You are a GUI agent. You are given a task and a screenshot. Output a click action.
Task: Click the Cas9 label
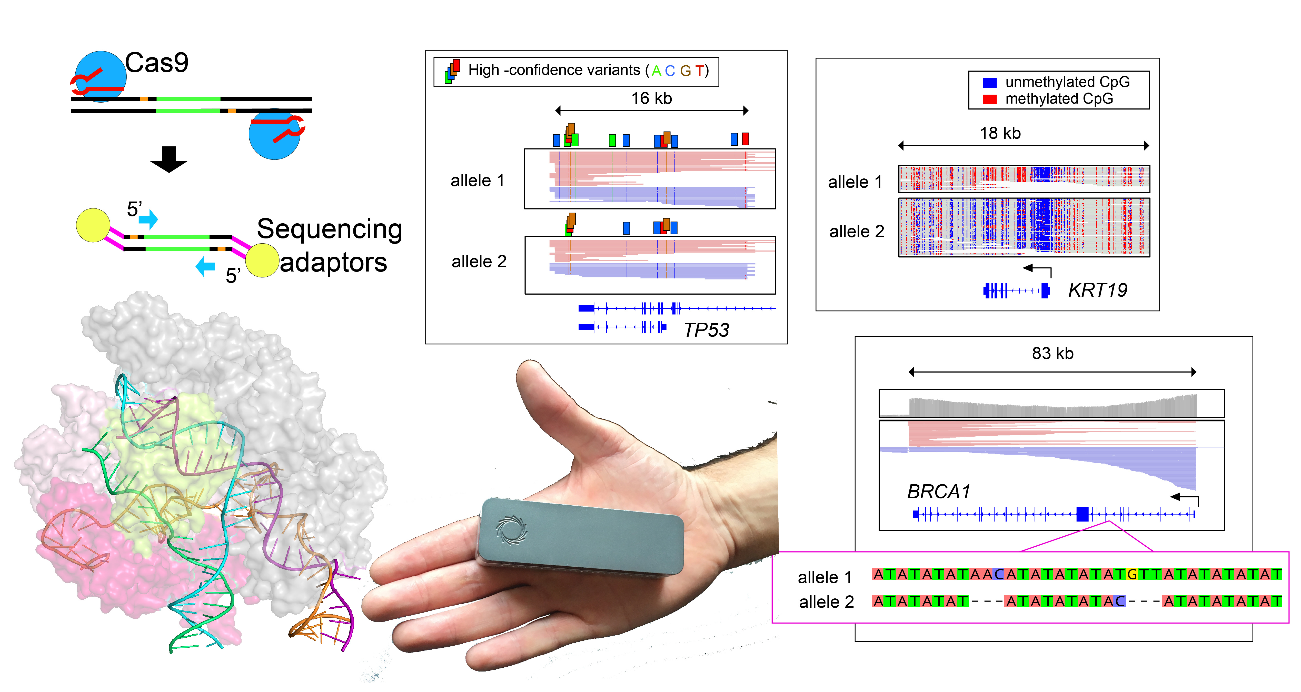tap(156, 63)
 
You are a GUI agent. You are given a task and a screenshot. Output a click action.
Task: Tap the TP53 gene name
tap(706, 330)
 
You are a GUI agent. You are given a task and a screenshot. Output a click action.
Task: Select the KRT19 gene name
tap(1097, 290)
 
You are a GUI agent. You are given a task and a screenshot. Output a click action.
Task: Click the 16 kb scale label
tap(651, 98)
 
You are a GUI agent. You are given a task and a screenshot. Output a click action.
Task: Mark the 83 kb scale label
tap(1052, 353)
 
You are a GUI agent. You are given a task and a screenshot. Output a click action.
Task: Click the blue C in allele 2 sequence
tap(1120, 601)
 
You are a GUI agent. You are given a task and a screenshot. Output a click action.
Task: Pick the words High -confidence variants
tap(554, 70)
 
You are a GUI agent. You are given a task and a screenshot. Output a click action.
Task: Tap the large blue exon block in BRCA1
tap(1082, 514)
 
